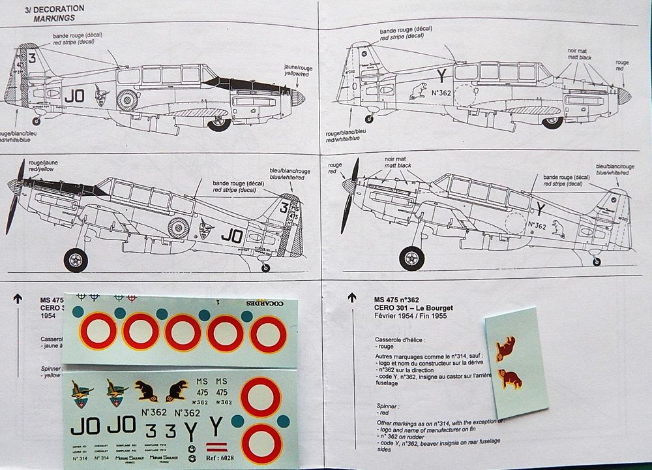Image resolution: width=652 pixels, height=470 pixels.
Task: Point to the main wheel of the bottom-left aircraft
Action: (76, 260)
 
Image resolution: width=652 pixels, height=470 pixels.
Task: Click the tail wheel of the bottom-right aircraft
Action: (596, 260)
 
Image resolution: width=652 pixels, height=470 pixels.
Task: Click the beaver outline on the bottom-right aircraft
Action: (558, 228)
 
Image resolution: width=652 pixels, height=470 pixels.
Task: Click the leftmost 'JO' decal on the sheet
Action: (83, 426)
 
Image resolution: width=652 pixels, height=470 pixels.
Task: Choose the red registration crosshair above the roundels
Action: (132, 298)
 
